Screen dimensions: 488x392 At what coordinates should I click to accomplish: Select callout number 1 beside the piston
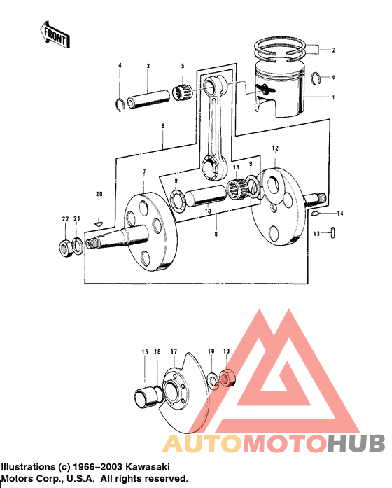[x=334, y=97]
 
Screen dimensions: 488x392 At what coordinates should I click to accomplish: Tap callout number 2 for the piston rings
[x=334, y=50]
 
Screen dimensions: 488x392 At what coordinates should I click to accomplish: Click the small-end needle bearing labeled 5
[x=184, y=92]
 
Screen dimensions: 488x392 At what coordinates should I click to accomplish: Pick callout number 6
[x=162, y=127]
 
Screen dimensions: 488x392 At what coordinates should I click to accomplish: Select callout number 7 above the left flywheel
[x=144, y=172]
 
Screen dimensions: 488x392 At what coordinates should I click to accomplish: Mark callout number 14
[x=340, y=213]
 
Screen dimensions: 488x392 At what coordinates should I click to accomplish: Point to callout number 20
[x=99, y=194]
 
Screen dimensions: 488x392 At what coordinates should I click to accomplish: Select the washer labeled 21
[x=78, y=246]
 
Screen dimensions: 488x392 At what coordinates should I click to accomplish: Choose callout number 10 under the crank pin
[x=206, y=211]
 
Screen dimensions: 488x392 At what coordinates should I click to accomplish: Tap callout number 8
[x=216, y=235]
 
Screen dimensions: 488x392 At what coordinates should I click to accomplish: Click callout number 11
[x=236, y=168]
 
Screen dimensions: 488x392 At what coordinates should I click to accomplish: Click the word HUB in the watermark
[x=356, y=443]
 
